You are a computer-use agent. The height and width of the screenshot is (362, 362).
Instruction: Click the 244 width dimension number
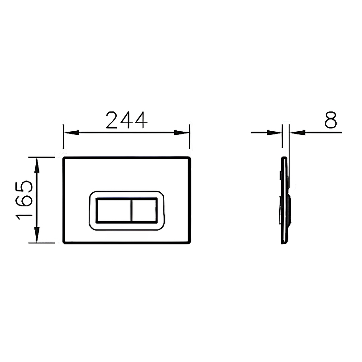pos(126,120)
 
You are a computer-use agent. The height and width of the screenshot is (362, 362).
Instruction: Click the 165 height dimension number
pos(24,200)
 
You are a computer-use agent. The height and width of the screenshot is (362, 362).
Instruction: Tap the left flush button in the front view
pos(114,210)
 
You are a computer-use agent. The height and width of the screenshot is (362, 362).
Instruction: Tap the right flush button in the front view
pos(144,210)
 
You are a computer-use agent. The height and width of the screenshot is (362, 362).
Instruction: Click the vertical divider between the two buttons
pos(131,210)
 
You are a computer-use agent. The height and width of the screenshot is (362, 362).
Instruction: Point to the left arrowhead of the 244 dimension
pos(71,133)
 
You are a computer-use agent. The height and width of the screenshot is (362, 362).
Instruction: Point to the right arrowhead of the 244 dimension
pos(182,133)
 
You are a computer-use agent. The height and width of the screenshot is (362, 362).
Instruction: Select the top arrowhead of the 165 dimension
pos(37,165)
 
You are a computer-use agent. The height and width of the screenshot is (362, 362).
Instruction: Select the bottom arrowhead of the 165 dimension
pos(37,235)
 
